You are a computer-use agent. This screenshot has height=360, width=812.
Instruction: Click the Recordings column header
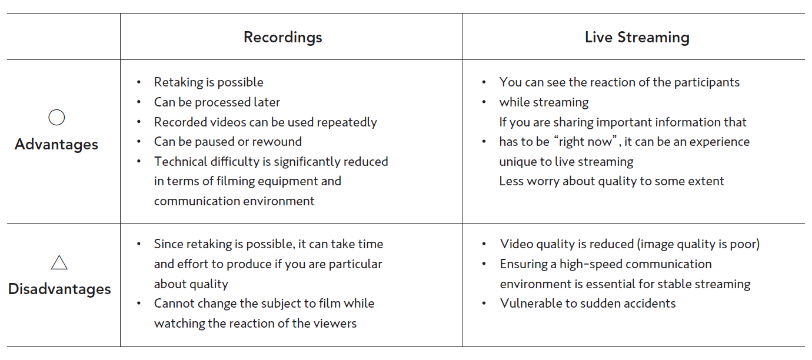coord(283,37)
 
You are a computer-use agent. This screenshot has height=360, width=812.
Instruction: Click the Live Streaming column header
coord(637,37)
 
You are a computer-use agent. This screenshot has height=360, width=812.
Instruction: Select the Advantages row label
coord(56,144)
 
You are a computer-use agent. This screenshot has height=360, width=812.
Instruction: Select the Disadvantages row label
coord(59,289)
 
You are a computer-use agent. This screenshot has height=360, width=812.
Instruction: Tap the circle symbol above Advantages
coord(56,109)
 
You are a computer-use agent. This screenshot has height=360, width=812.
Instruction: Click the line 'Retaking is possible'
coord(208,82)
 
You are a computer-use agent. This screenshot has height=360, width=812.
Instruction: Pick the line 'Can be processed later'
coord(217,102)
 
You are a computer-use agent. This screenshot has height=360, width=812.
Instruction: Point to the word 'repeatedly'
coord(347,122)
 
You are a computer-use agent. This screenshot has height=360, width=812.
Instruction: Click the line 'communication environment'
coord(234,201)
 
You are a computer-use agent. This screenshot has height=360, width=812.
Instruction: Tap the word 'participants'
coord(707,82)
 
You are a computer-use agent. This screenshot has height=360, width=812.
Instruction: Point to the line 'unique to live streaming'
coord(566,162)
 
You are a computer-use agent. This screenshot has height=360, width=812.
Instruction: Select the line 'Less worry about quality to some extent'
coord(611,181)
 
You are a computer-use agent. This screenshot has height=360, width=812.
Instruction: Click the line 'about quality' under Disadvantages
coord(191,284)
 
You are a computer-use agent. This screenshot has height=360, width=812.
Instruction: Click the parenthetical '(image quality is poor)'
coord(698,244)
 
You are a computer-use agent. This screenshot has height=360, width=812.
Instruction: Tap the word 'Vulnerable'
coord(529,304)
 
